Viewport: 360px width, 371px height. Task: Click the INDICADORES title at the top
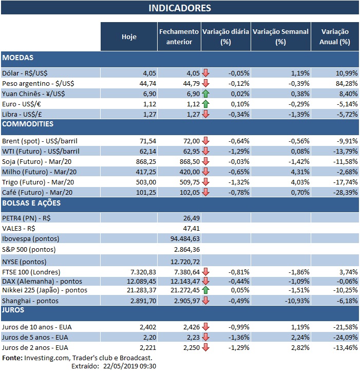click(x=179, y=8)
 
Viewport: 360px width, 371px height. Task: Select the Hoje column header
click(x=129, y=36)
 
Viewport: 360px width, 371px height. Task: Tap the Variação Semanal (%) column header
click(x=280, y=36)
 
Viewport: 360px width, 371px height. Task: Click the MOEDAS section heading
click(x=18, y=58)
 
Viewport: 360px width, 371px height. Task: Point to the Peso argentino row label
click(x=33, y=83)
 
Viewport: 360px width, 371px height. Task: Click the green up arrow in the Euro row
click(x=205, y=104)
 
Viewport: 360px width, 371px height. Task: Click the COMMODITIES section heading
click(x=28, y=124)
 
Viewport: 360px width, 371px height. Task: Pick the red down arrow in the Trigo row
click(x=205, y=181)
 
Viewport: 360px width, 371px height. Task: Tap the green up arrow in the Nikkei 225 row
click(x=205, y=290)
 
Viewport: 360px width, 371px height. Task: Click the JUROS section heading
click(x=14, y=310)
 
